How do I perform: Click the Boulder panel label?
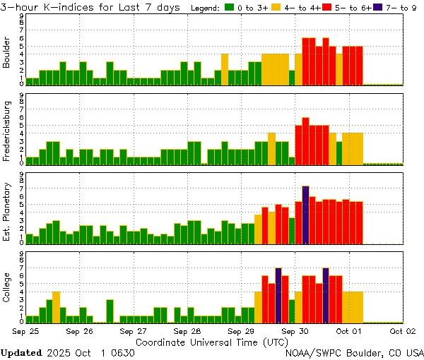coord(7,52)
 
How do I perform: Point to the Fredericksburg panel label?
coord(7,131)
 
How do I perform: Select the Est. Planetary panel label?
coord(7,212)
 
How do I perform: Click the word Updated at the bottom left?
coord(20,352)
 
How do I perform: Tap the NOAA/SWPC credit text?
coord(314,352)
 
